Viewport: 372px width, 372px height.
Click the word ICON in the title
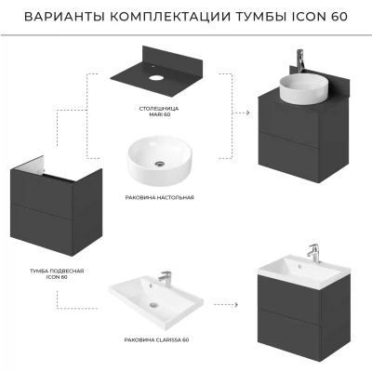(306, 17)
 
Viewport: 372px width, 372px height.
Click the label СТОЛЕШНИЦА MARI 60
(159, 112)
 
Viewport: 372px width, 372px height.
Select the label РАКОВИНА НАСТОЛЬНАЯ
(160, 197)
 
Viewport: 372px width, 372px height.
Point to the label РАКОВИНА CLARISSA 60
(156, 340)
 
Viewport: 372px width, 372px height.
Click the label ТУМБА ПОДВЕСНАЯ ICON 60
(57, 274)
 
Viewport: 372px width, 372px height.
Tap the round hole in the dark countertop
(155, 76)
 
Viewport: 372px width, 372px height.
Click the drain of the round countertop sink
(160, 164)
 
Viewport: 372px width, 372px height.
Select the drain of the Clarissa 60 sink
(153, 305)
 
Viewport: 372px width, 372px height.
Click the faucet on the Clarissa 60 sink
(165, 278)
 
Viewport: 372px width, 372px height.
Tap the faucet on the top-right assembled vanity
(300, 60)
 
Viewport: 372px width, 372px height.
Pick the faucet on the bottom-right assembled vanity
(313, 254)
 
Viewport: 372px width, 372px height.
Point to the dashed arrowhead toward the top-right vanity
(247, 113)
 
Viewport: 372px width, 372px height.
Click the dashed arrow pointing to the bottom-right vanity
(226, 305)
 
